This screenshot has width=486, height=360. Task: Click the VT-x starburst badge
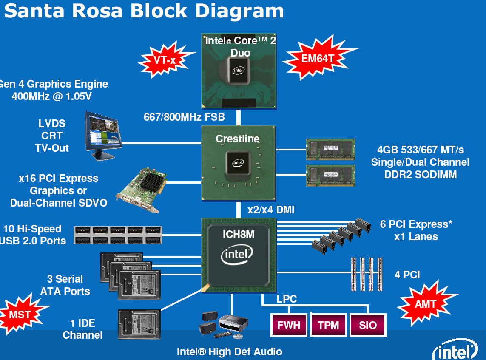pos(165,60)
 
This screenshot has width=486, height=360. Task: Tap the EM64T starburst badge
pos(318,59)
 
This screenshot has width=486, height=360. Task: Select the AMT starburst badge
pos(426,304)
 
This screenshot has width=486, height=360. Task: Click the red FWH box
pos(289,326)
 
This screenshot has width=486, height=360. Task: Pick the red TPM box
pos(328,326)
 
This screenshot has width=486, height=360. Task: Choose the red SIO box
pos(368,326)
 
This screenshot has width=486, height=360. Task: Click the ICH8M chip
pos(238,255)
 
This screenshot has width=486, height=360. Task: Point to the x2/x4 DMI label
pos(271,210)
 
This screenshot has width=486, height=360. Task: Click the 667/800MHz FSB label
pos(184,117)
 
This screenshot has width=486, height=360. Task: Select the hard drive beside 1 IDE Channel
pos(139,324)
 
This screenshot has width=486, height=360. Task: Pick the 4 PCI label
pos(407,275)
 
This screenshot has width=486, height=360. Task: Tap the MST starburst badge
pos(19,315)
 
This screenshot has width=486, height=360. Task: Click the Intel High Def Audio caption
pos(229,351)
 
